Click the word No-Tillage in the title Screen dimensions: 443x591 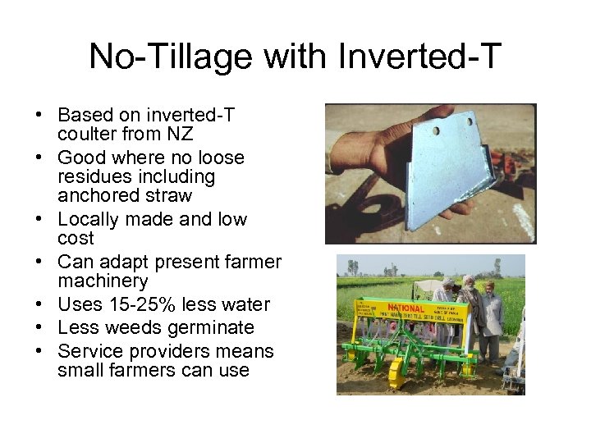[x=152, y=57]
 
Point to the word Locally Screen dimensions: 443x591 [x=90, y=219]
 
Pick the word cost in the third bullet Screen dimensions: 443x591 [x=76, y=239]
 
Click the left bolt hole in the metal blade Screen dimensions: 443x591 [x=436, y=130]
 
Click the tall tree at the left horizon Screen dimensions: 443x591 [x=352, y=267]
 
